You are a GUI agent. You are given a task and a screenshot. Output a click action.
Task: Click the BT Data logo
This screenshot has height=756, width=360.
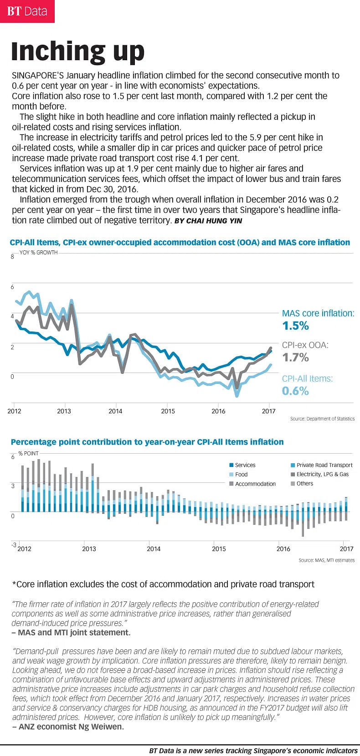pos(27,11)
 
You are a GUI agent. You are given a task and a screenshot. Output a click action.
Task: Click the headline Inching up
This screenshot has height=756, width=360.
pos(77,51)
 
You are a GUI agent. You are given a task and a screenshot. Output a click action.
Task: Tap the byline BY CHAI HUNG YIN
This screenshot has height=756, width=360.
pos(208,221)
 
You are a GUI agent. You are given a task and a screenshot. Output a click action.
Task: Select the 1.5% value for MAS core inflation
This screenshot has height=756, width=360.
pos(296,326)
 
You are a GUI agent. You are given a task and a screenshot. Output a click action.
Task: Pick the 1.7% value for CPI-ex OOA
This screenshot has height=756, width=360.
pos(296,357)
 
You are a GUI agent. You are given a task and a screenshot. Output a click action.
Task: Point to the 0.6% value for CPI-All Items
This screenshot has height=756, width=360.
pos(296,391)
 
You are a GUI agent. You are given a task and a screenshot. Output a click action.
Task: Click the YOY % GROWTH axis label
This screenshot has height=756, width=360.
pos(38,253)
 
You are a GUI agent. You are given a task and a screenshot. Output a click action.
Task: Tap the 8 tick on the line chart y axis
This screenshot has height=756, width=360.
pos(12,257)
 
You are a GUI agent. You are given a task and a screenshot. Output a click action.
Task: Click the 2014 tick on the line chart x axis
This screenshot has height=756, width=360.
pos(115,411)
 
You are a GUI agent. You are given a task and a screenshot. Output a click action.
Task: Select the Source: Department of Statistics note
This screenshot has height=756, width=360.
pos(322,419)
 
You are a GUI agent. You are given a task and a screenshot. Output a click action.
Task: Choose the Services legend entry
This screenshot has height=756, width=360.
pos(245,465)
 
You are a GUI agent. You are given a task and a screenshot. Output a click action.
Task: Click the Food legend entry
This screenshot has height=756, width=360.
pos(242,475)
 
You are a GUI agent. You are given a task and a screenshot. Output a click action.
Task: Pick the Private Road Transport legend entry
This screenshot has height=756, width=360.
pos(324,465)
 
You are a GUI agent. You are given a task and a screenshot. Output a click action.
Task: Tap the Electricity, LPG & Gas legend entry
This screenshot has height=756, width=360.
pos(322,474)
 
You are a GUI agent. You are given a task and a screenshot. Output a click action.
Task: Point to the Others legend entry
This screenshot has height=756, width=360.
pos(305,483)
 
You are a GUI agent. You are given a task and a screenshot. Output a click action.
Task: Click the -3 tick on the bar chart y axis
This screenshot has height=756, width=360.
pos(14,545)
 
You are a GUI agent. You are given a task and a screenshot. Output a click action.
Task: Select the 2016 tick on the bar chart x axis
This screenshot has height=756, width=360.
pos(283,549)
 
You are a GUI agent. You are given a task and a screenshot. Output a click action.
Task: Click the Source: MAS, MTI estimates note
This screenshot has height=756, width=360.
pos(326,560)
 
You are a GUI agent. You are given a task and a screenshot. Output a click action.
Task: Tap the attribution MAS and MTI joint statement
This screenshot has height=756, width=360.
pos(74,632)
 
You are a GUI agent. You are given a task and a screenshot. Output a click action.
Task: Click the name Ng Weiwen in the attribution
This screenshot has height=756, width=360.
pos(103,726)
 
